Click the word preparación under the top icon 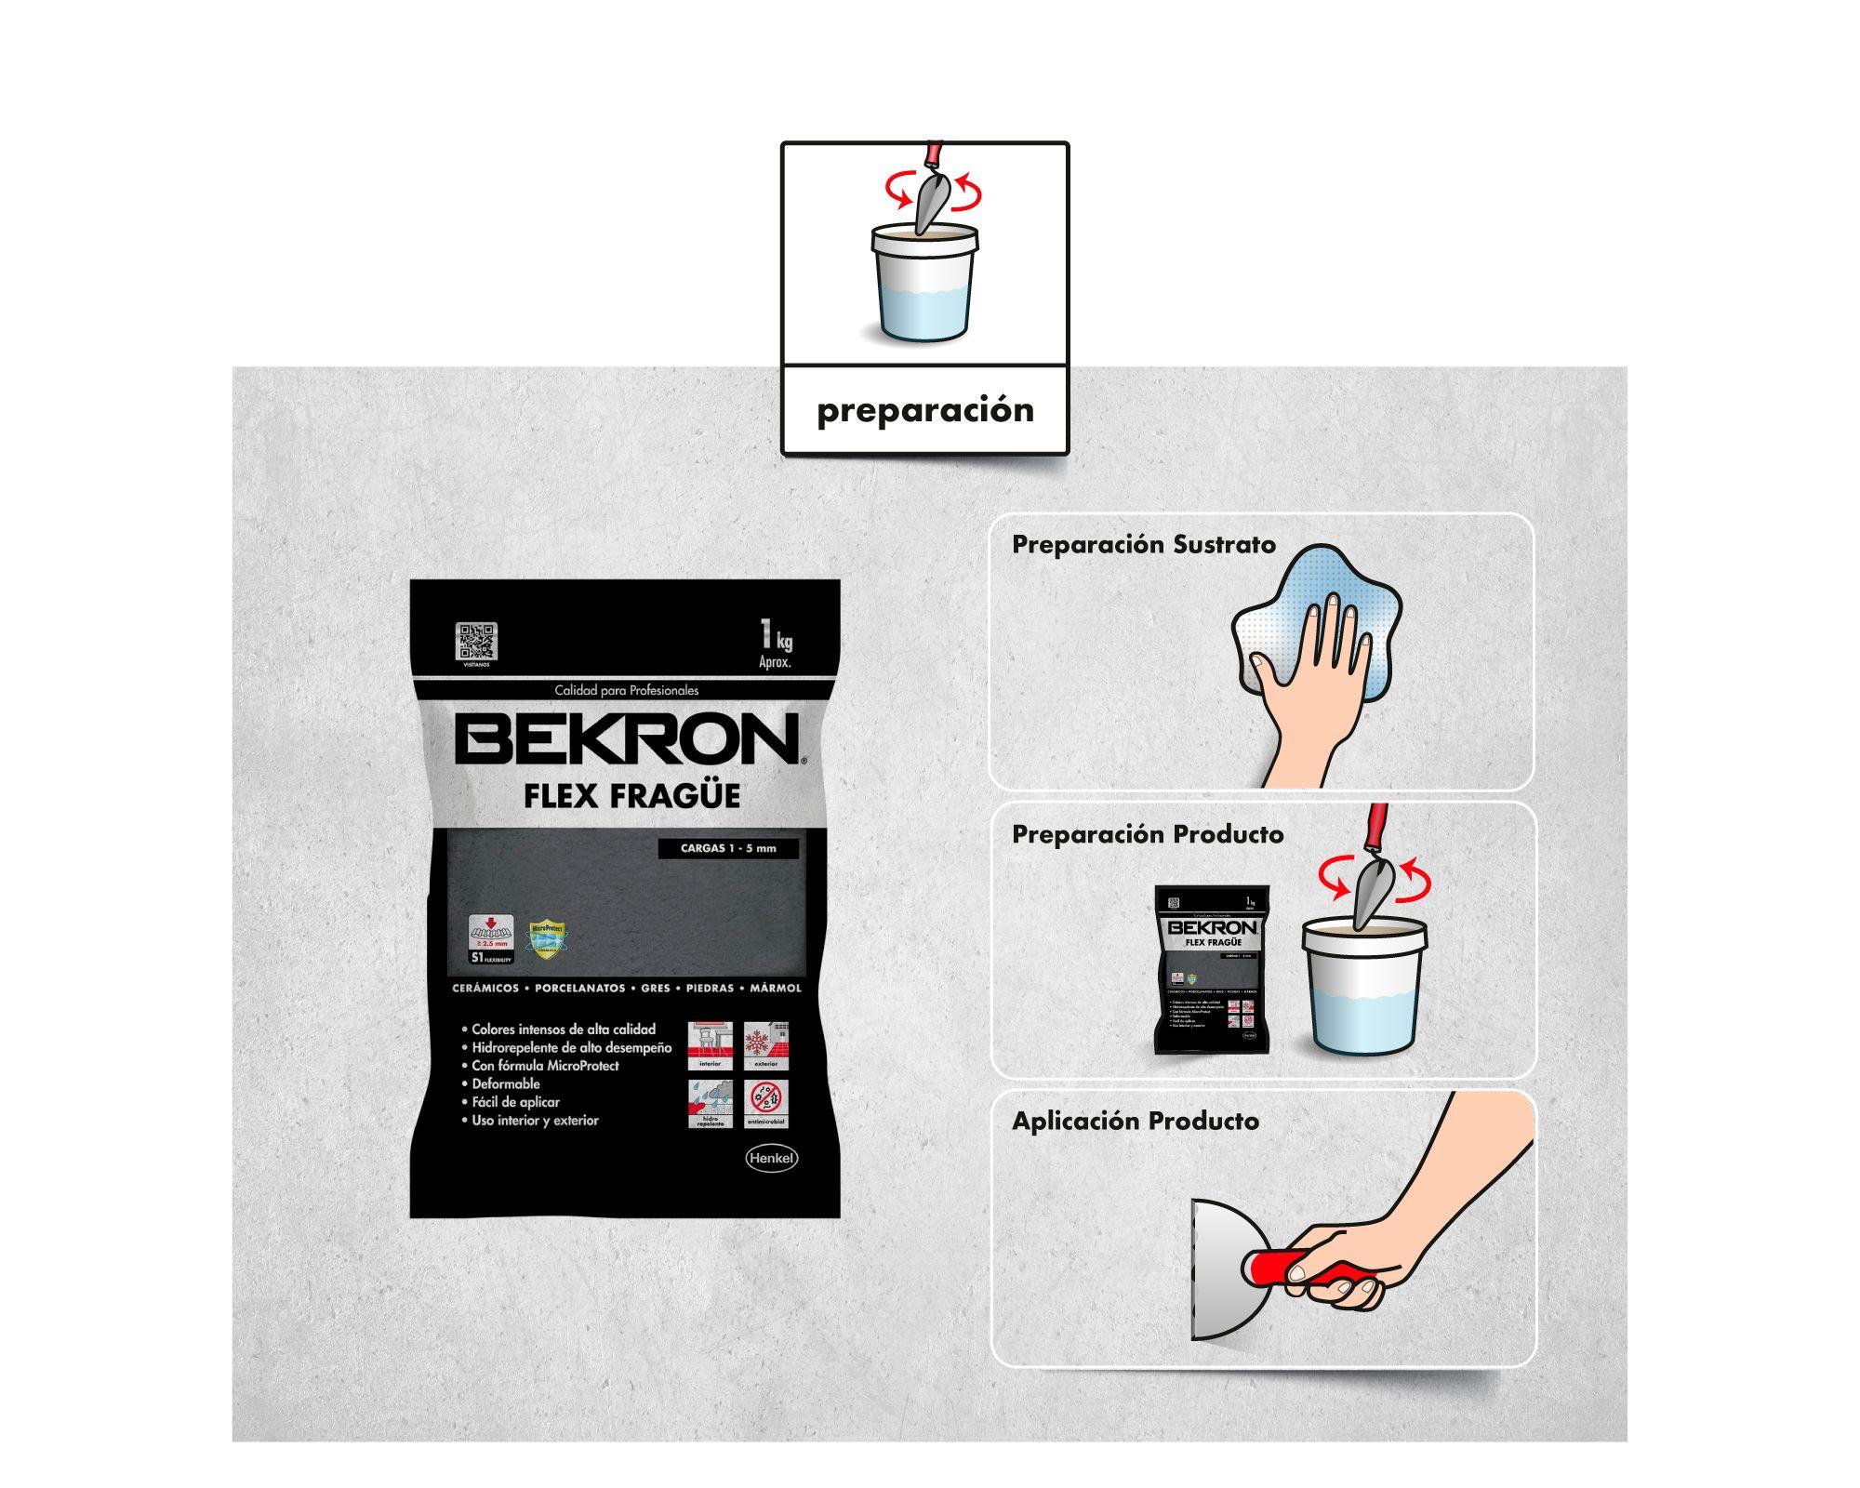(924, 410)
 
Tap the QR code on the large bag (476, 641)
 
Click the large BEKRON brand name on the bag (627, 739)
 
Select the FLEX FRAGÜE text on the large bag (631, 796)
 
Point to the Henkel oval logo (771, 1158)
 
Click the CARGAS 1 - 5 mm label (727, 848)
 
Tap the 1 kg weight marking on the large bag (775, 641)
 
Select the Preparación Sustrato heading (1143, 545)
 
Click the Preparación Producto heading (1148, 834)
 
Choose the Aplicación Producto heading (1135, 1122)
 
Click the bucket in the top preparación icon (924, 283)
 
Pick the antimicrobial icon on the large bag (767, 1103)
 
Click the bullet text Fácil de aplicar (515, 1102)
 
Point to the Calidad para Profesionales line (626, 690)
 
